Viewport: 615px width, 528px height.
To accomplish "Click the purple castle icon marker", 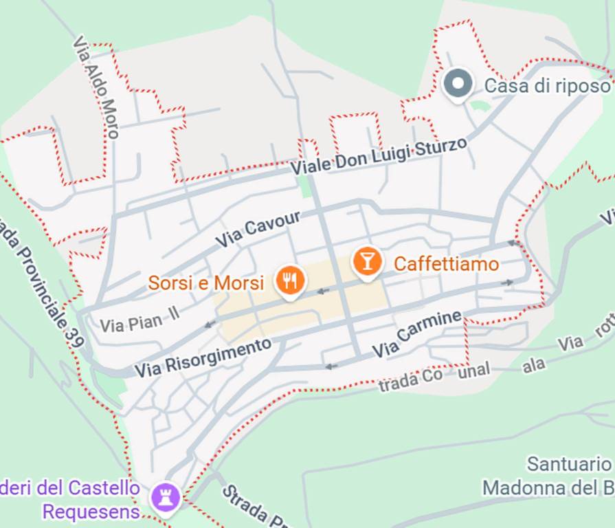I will pyautogui.click(x=166, y=494).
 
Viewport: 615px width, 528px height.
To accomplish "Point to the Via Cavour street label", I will pyautogui.click(x=258, y=230).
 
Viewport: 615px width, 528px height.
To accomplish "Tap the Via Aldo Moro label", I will pyautogui.click(x=96, y=87).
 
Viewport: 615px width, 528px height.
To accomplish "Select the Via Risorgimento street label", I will pyautogui.click(x=203, y=357).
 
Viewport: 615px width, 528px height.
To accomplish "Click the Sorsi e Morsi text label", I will pyautogui.click(x=206, y=283).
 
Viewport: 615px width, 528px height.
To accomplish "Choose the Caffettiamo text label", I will pyautogui.click(x=446, y=264).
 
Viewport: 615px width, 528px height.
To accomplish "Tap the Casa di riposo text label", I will pyautogui.click(x=547, y=86).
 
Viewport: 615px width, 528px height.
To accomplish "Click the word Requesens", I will pyautogui.click(x=91, y=512).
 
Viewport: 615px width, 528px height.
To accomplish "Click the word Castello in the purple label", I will pyautogui.click(x=104, y=489).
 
